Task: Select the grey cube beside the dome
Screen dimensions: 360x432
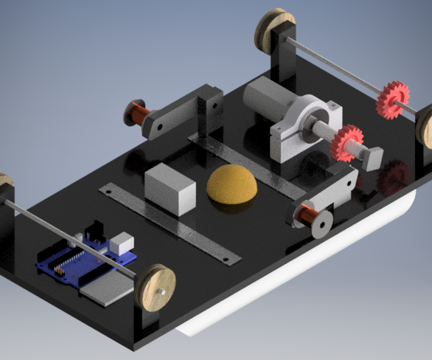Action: coord(170,189)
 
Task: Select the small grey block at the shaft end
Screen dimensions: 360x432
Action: coord(373,157)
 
